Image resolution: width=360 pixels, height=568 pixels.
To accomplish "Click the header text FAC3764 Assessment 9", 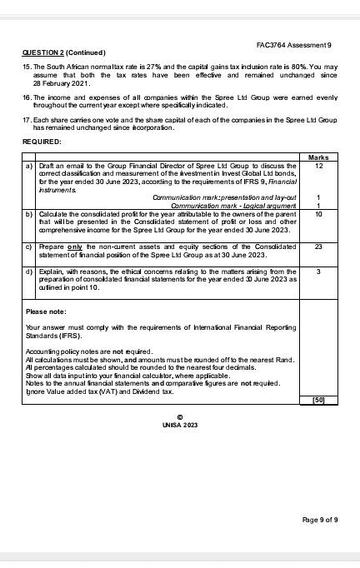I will coord(294,43).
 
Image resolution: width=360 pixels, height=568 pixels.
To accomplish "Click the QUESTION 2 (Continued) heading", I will coord(58,52).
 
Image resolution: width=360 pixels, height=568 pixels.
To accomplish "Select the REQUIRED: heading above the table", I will coord(41,142).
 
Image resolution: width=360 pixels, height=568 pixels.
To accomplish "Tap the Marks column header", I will coord(317,157).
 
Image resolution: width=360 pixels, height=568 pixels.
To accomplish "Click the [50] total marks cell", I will coord(317,400).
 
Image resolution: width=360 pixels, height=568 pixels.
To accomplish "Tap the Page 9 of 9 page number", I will coord(319,519).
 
